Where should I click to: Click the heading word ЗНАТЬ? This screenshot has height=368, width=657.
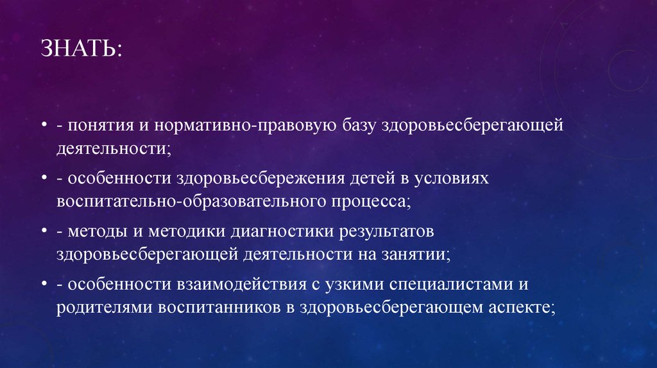[x=79, y=50]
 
